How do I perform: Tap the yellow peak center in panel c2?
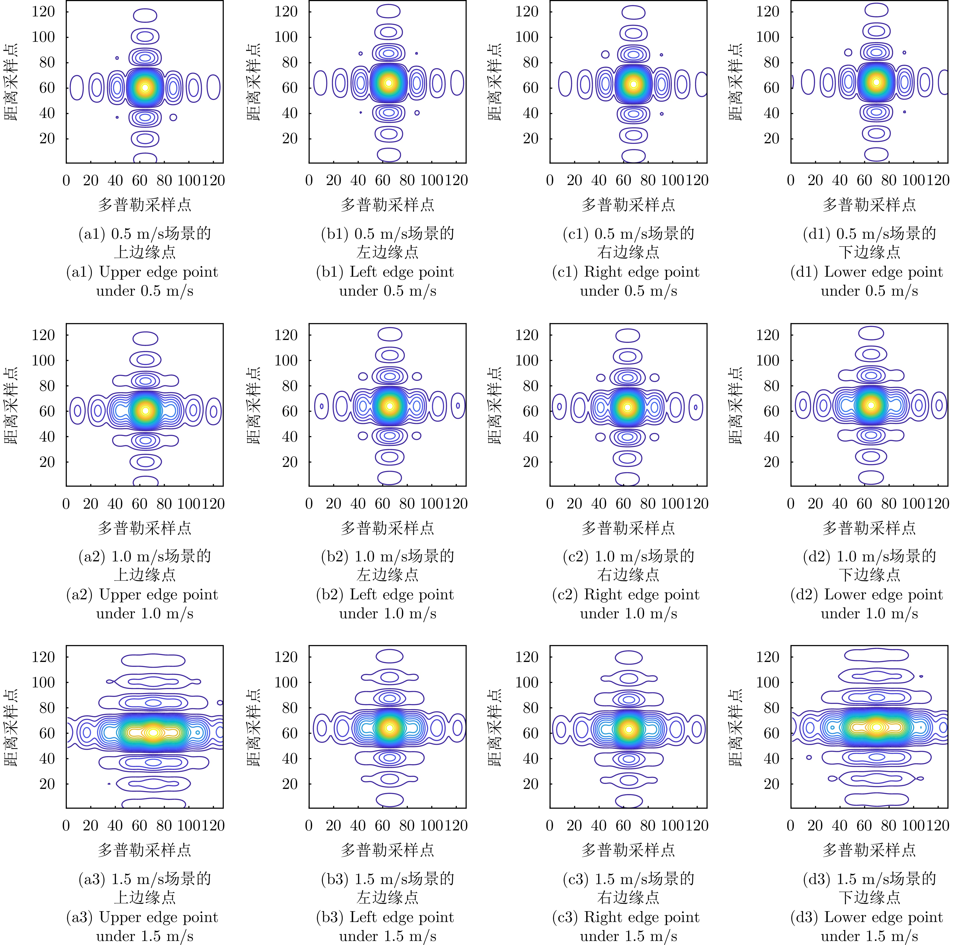627,407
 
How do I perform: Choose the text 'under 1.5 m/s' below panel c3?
628,936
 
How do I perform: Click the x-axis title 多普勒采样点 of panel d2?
869,528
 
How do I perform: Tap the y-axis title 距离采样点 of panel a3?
11,727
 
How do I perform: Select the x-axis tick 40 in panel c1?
599,181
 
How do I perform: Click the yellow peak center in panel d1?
876,82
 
